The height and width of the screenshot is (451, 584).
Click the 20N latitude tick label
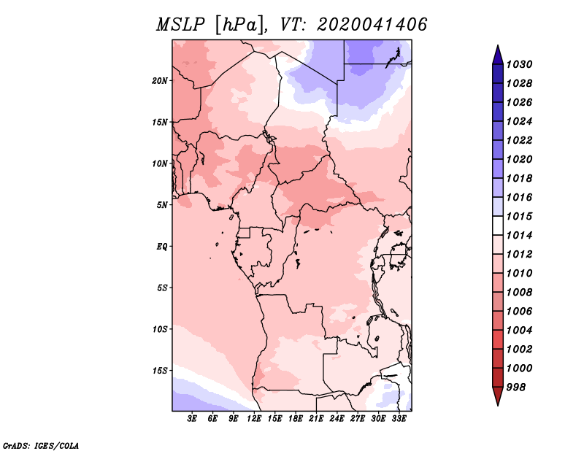pyautogui.click(x=159, y=81)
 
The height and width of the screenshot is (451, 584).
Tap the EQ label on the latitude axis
pyautogui.click(x=162, y=247)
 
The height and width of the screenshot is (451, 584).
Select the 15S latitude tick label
pyautogui.click(x=159, y=371)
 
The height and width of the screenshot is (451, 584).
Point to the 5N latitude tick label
pyautogui.click(x=162, y=205)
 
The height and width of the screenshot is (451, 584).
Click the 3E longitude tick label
pyautogui.click(x=192, y=418)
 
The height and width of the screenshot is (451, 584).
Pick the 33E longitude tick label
pyautogui.click(x=399, y=418)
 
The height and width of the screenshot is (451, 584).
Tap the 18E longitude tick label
pyautogui.click(x=296, y=418)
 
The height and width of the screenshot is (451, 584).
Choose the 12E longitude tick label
pyautogui.click(x=254, y=418)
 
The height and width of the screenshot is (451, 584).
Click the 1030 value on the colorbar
pyautogui.click(x=519, y=64)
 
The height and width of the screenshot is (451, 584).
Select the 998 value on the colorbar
pyautogui.click(x=516, y=388)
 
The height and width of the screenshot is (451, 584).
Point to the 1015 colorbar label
pyautogui.click(x=519, y=216)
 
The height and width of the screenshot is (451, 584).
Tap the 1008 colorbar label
pyautogui.click(x=519, y=293)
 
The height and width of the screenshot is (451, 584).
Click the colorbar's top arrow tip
pyautogui.click(x=498, y=45)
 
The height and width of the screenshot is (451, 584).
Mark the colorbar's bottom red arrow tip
pyautogui.click(x=498, y=406)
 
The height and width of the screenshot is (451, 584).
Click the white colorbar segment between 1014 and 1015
pyautogui.click(x=498, y=225)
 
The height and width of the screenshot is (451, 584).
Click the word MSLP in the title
pyautogui.click(x=180, y=25)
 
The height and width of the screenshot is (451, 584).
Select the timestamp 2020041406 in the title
pyautogui.click(x=372, y=25)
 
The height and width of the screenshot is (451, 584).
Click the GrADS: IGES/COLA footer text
pyautogui.click(x=41, y=446)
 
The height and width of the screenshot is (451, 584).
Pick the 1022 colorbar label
pyautogui.click(x=519, y=140)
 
